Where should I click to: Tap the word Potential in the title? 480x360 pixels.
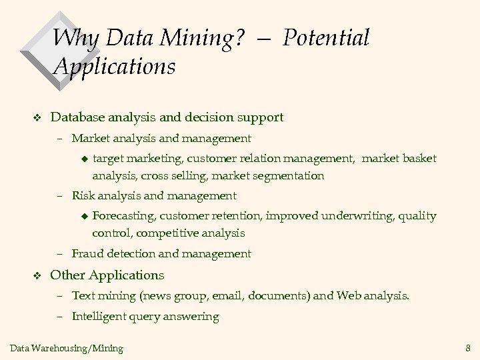click(325, 38)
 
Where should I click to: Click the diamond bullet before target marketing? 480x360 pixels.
click(84, 159)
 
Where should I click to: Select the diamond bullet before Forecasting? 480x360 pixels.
click(84, 216)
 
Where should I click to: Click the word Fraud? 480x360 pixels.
click(87, 253)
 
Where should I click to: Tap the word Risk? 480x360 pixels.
click(83, 196)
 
